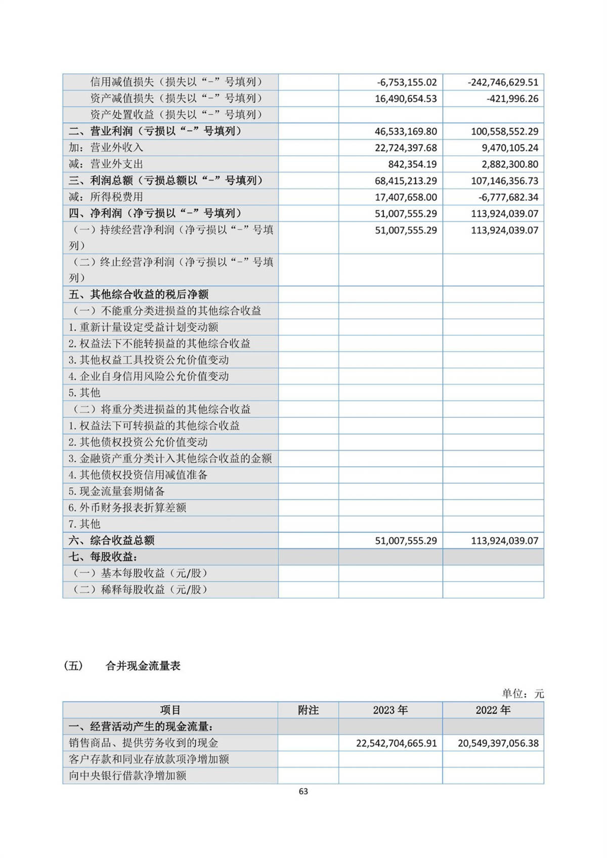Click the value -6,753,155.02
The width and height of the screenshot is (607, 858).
click(x=407, y=82)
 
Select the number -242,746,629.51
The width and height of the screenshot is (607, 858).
click(x=503, y=82)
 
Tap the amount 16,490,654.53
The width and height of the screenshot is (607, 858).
click(x=406, y=99)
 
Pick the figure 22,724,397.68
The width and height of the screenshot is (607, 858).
click(x=406, y=148)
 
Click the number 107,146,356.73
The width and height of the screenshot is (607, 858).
click(x=504, y=181)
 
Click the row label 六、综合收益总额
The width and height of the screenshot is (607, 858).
click(x=112, y=540)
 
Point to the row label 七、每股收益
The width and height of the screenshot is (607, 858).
click(x=103, y=557)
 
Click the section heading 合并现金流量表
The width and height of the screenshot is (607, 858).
click(x=143, y=666)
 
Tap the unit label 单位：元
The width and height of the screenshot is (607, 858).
click(x=523, y=694)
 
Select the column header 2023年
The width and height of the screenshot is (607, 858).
click(x=390, y=710)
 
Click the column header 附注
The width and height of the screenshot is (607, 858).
click(x=308, y=710)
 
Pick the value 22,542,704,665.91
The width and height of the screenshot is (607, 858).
click(x=396, y=743)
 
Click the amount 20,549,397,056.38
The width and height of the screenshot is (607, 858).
click(x=498, y=743)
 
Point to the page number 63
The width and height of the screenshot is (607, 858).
click(x=303, y=791)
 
